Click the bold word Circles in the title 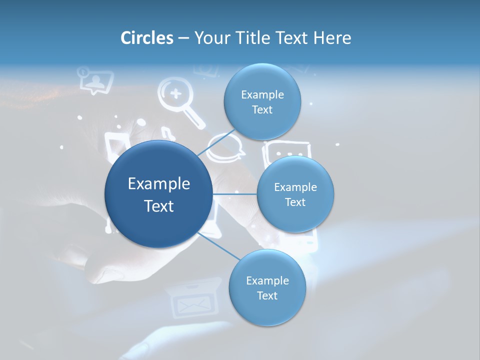(x=147, y=38)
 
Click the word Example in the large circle (x=159, y=184)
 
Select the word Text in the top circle (x=262, y=110)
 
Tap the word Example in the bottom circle (x=267, y=280)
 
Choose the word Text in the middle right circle (x=295, y=202)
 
